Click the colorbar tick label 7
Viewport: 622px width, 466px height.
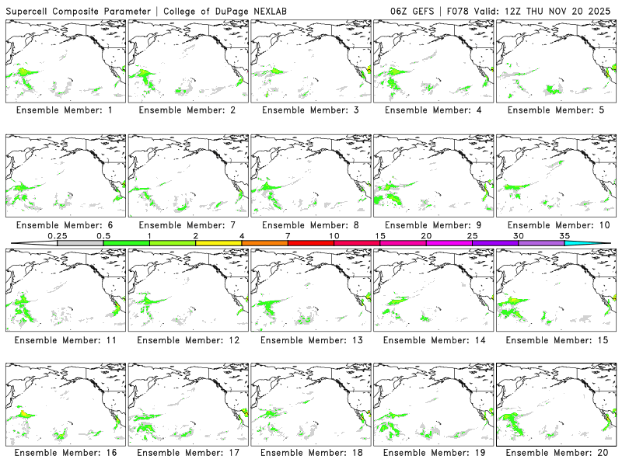(288, 235)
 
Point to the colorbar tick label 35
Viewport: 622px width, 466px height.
(564, 235)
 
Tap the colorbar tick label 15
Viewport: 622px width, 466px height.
(380, 235)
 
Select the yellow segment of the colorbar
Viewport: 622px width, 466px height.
(218, 243)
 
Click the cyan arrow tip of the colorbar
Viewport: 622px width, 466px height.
(599, 243)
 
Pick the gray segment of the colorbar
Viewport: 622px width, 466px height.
(80, 243)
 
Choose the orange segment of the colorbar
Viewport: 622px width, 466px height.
(264, 243)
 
